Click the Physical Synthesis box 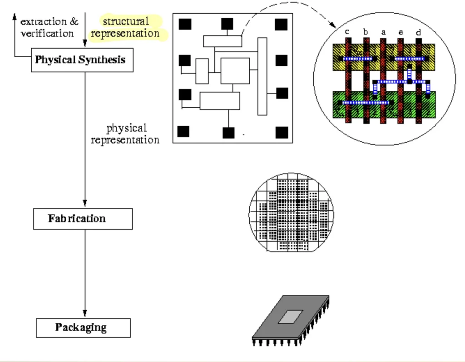point(82,60)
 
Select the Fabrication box point(83,218)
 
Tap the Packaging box point(83,327)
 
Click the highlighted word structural point(126,21)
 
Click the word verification point(47,33)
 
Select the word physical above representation point(126,128)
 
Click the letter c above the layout point(347,32)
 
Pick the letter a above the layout point(383,32)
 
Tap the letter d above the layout point(418,32)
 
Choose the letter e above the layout point(400,32)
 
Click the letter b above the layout point(365,32)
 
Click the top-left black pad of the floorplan point(185,24)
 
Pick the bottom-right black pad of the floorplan point(282,132)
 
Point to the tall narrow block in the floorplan point(262,76)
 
